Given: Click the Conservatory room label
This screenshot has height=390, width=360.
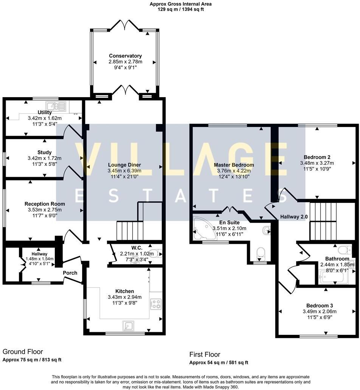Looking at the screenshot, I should point(125,56).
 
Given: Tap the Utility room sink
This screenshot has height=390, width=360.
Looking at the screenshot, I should point(56,106).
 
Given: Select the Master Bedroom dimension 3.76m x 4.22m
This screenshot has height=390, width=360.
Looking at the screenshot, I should point(234,171).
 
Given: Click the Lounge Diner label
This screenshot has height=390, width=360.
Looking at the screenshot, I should point(124,165).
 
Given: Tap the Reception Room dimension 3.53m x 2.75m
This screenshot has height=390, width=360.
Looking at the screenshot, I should point(45,210).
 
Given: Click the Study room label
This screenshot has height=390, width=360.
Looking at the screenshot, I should point(44,153).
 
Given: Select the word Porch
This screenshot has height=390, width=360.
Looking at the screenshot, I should point(70,273).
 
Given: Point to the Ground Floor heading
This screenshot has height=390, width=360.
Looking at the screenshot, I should point(23,352).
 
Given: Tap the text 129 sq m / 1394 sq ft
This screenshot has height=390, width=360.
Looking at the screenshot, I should point(180,9).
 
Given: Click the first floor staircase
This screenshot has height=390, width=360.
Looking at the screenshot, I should point(323,221).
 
